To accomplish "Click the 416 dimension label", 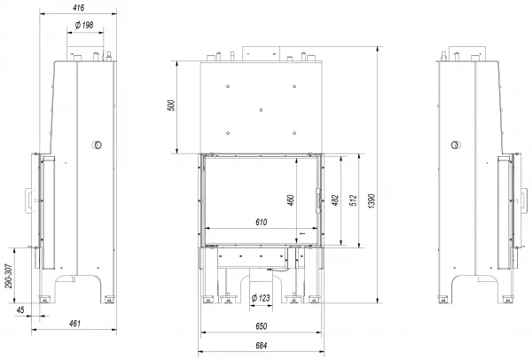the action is pos(78,7).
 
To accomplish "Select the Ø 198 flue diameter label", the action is pos(84,25).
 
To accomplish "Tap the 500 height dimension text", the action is pos(171,106).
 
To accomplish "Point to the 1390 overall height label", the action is pos(372,201).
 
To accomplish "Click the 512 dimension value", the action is pos(353,200).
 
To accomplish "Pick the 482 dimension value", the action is pos(334,200).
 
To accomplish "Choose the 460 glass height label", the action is pos(291,200).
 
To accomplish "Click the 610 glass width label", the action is pos(261,223).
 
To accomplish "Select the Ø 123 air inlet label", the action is pos(261,298).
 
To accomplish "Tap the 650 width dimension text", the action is pos(261,326).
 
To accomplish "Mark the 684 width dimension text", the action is pos(261,346).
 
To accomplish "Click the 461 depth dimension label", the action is pos(74,324).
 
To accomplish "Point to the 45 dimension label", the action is pos(20,310).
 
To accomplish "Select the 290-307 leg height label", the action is pos(9,276).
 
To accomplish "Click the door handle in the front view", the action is pos(318,200).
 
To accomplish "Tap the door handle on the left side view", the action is pos(27,201).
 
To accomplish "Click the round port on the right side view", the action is pos(456,145).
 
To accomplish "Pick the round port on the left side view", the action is pos(97,145).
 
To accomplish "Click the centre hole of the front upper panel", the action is pos(261,110).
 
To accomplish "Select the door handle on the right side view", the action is pos(525,201).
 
